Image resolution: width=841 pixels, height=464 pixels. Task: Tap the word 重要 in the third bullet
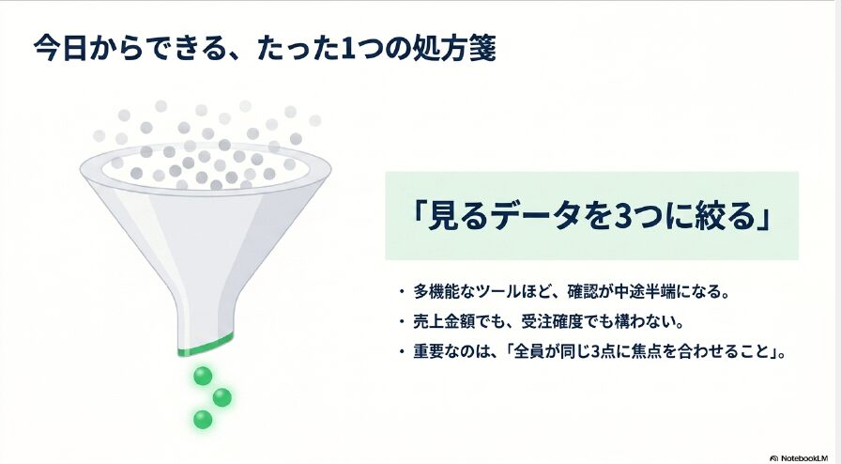pos(428,352)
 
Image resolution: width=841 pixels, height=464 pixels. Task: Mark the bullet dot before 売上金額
pos(401,322)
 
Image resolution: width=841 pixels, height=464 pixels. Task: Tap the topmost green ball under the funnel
pos(203,377)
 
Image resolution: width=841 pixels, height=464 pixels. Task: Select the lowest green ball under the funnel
pos(202,420)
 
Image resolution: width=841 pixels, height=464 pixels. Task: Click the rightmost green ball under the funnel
pos(222,398)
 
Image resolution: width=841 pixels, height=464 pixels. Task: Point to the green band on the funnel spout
pos(205,346)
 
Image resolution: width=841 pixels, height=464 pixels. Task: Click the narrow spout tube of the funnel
pos(205,317)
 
